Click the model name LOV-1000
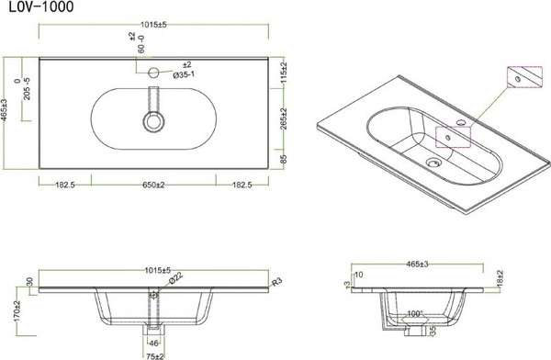tap(30, 8)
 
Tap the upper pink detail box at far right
tap(523, 78)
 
